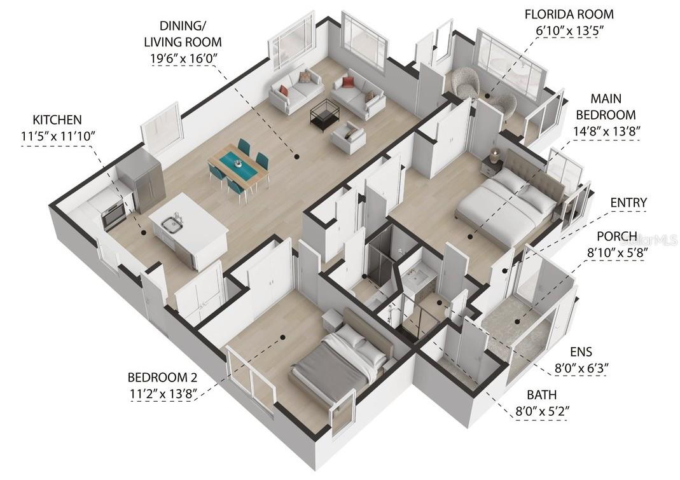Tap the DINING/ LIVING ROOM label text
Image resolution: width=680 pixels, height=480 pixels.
183,35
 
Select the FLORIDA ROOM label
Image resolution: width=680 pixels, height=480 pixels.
569,14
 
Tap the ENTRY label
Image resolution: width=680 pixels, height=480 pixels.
628,203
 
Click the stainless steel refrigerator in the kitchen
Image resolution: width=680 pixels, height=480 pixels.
143,184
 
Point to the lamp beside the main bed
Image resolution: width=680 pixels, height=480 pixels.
495,154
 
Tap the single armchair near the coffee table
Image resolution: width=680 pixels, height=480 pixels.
349,137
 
